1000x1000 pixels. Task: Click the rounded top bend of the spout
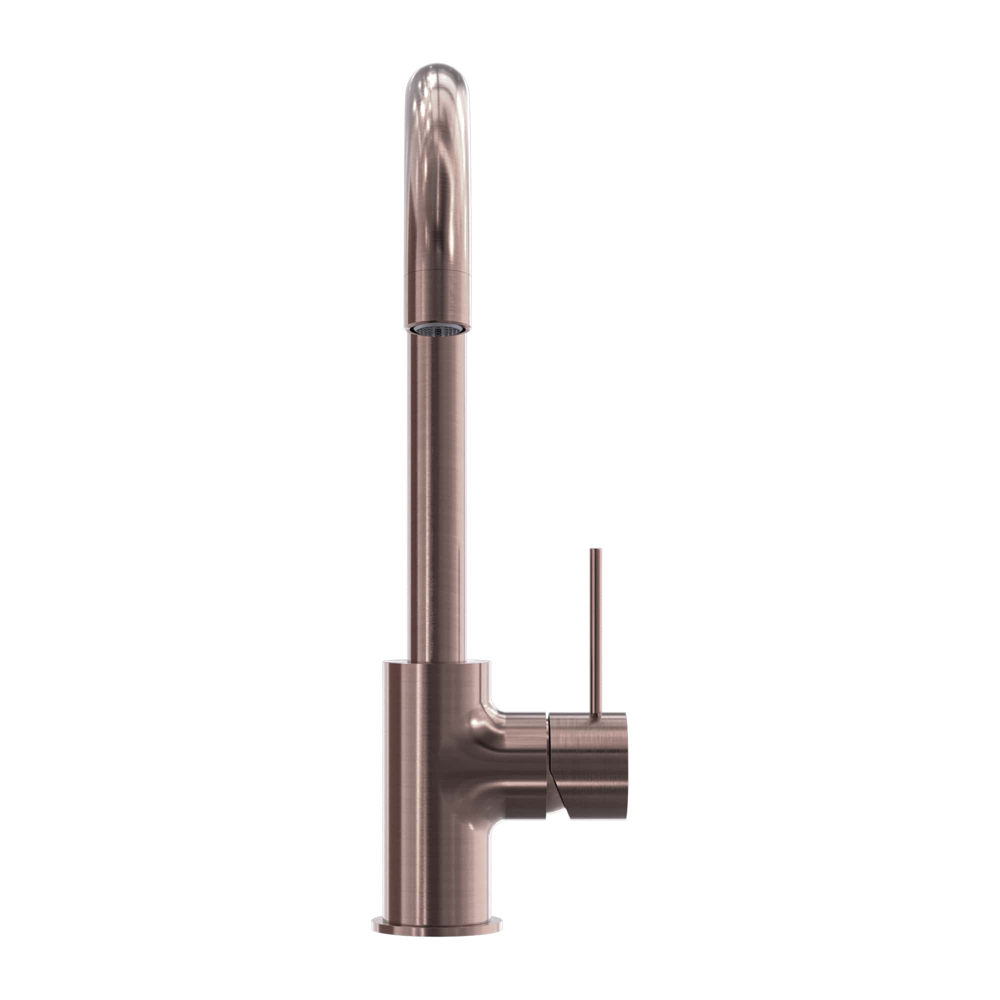(x=437, y=83)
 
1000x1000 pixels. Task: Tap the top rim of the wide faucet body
(x=436, y=662)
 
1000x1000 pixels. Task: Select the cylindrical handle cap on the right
(x=590, y=766)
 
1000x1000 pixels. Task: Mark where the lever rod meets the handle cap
(x=596, y=715)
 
